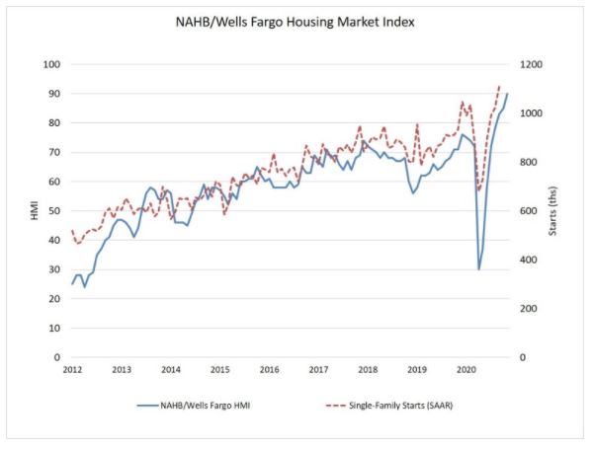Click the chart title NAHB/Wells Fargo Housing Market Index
pos(295,22)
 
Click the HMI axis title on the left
pos(35,211)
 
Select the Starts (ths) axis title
pos(552,211)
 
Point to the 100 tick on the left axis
pos(51,64)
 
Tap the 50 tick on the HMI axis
pos(54,211)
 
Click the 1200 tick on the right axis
pos(531,64)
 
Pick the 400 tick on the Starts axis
pos(528,260)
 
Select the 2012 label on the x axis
pos(72,369)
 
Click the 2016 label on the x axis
pos(269,369)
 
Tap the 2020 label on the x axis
pos(466,369)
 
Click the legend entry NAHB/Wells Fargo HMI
pos(194,406)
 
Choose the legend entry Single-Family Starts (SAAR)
pos(389,406)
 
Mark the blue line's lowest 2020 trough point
pos(478,269)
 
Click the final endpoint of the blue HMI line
pos(507,94)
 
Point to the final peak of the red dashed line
pos(499,86)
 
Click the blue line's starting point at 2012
pos(72,284)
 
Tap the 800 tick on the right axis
pos(528,162)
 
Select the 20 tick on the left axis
pos(54,299)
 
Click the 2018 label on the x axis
pos(368,369)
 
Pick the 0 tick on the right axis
pos(522,357)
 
